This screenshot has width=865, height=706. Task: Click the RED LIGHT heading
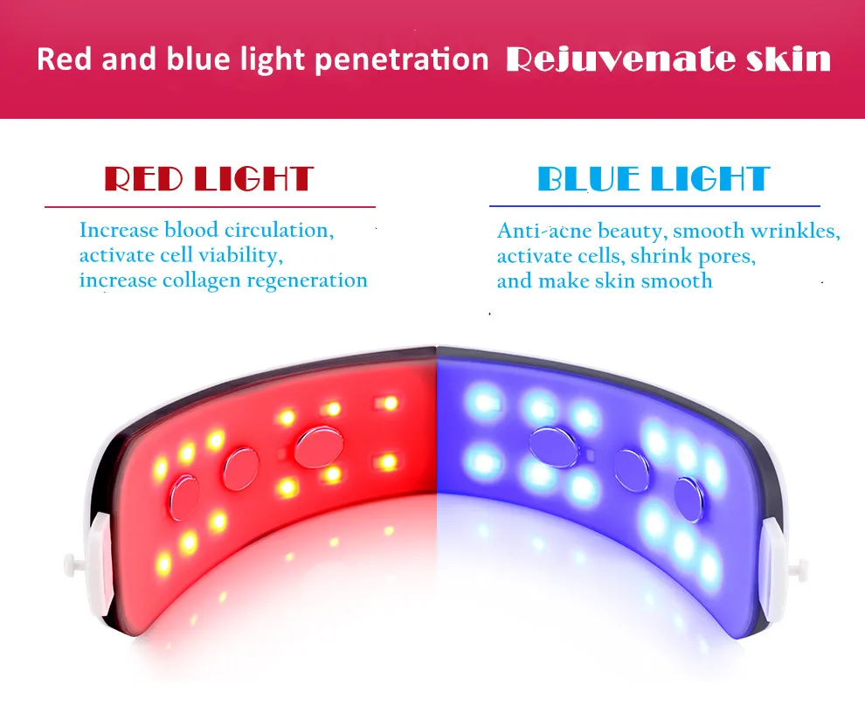click(209, 179)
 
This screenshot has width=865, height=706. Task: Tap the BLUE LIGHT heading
click(654, 179)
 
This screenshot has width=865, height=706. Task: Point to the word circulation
click(279, 231)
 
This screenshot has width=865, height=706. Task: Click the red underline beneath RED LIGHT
click(210, 207)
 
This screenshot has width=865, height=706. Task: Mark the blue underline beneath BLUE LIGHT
click(654, 206)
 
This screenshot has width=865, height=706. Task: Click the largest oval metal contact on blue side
click(556, 446)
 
